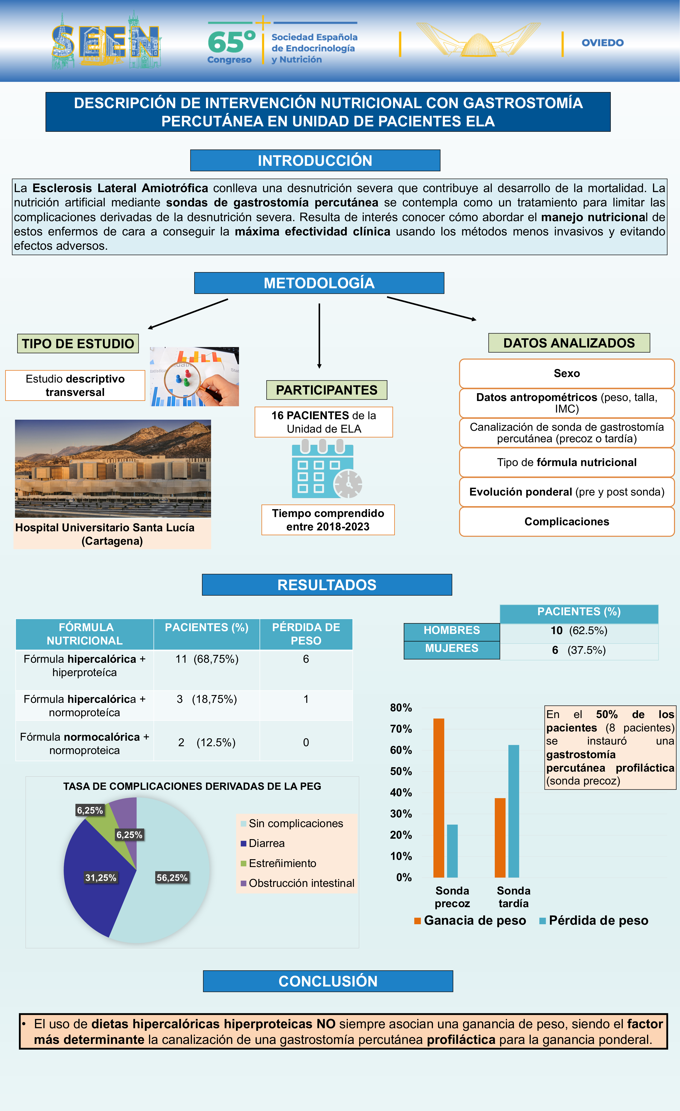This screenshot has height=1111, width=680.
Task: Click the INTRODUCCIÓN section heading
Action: [315, 160]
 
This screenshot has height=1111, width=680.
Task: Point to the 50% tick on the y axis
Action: [401, 772]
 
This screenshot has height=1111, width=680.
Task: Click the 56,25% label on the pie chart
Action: [172, 877]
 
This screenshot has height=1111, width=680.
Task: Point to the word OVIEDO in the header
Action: [602, 43]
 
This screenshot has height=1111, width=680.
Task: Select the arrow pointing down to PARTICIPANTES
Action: [319, 336]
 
